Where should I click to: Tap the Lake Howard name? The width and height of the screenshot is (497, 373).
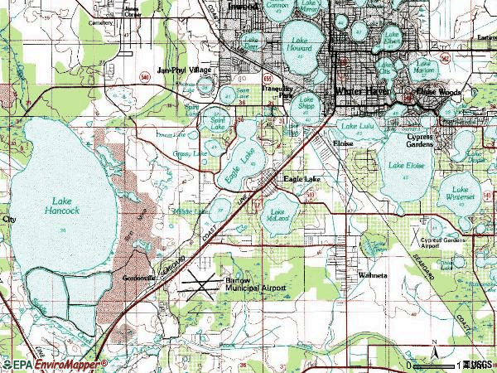click(299, 45)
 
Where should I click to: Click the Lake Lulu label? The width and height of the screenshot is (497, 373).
click(358, 127)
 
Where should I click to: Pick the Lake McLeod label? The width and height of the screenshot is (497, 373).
click(279, 216)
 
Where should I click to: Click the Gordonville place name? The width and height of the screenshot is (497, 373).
click(139, 278)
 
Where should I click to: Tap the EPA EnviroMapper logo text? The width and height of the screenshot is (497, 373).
click(54, 364)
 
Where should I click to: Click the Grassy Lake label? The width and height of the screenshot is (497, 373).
click(191, 154)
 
